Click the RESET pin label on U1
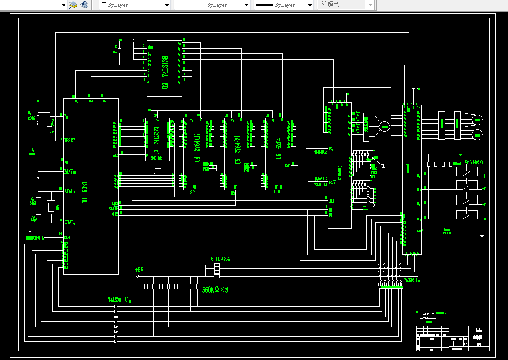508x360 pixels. tap(70, 140)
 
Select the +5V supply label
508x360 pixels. tap(139, 270)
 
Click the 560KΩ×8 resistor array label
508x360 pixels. tap(215, 290)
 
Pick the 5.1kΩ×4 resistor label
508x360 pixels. tap(220, 258)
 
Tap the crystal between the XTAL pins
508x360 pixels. tap(52, 207)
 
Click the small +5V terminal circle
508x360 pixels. tap(138, 276)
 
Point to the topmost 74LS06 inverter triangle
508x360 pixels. tap(116, 312)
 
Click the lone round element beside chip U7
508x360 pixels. tap(384, 127)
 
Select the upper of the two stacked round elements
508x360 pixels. tap(478, 119)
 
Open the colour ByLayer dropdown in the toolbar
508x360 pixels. tap(135, 5)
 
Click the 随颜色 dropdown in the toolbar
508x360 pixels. tap(345, 5)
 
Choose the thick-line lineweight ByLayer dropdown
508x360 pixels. tap(284, 5)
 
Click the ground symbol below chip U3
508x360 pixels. tap(155, 170)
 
